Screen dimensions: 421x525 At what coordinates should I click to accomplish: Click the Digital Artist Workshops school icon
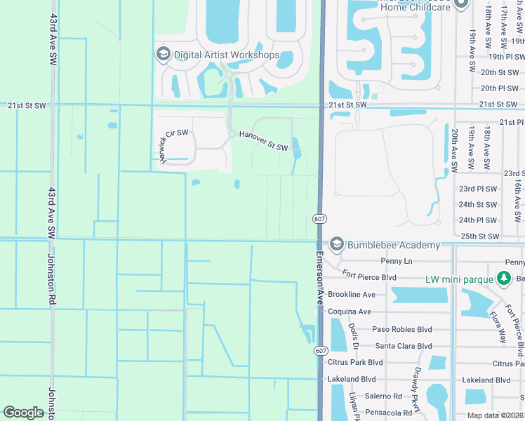(164, 55)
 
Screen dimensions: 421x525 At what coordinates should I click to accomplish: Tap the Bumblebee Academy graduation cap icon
(336, 244)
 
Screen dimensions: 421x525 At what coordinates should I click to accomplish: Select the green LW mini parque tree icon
(503, 279)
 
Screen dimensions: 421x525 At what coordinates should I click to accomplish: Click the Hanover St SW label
(263, 141)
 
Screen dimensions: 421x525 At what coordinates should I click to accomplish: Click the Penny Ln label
(396, 261)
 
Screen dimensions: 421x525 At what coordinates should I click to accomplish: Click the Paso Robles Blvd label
(401, 329)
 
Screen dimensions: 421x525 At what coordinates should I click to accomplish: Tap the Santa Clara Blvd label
(404, 346)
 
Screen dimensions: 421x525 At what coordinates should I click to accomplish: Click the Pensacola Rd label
(388, 413)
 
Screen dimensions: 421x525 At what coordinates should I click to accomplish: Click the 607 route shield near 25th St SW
(319, 219)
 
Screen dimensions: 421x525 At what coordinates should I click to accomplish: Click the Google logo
(24, 413)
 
